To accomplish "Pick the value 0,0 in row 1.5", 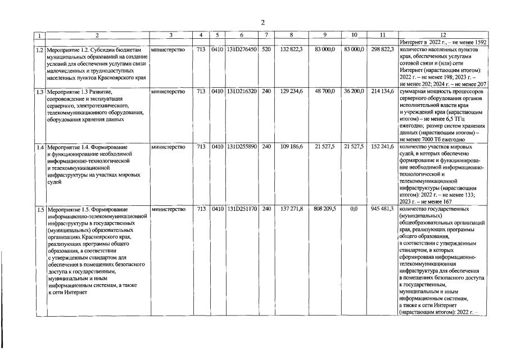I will point(354,209).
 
